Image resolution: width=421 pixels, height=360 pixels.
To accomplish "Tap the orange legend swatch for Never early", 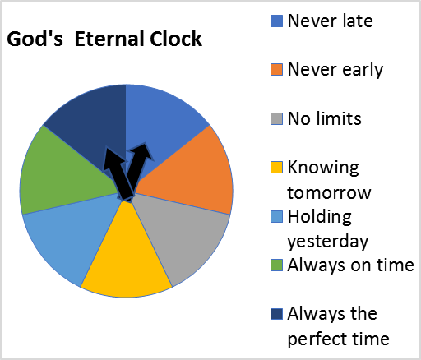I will pyautogui.click(x=276, y=70).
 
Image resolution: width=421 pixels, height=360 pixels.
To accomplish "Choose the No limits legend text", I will pyautogui.click(x=324, y=118).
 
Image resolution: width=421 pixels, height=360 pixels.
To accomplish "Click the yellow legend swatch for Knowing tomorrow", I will pyautogui.click(x=276, y=168).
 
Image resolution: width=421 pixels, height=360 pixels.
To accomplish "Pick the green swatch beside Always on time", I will pyautogui.click(x=276, y=265).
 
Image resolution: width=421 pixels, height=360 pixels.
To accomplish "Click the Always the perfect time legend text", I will pyautogui.click(x=337, y=325).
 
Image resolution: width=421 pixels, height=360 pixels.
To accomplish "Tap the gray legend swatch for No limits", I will pyautogui.click(x=276, y=119).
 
